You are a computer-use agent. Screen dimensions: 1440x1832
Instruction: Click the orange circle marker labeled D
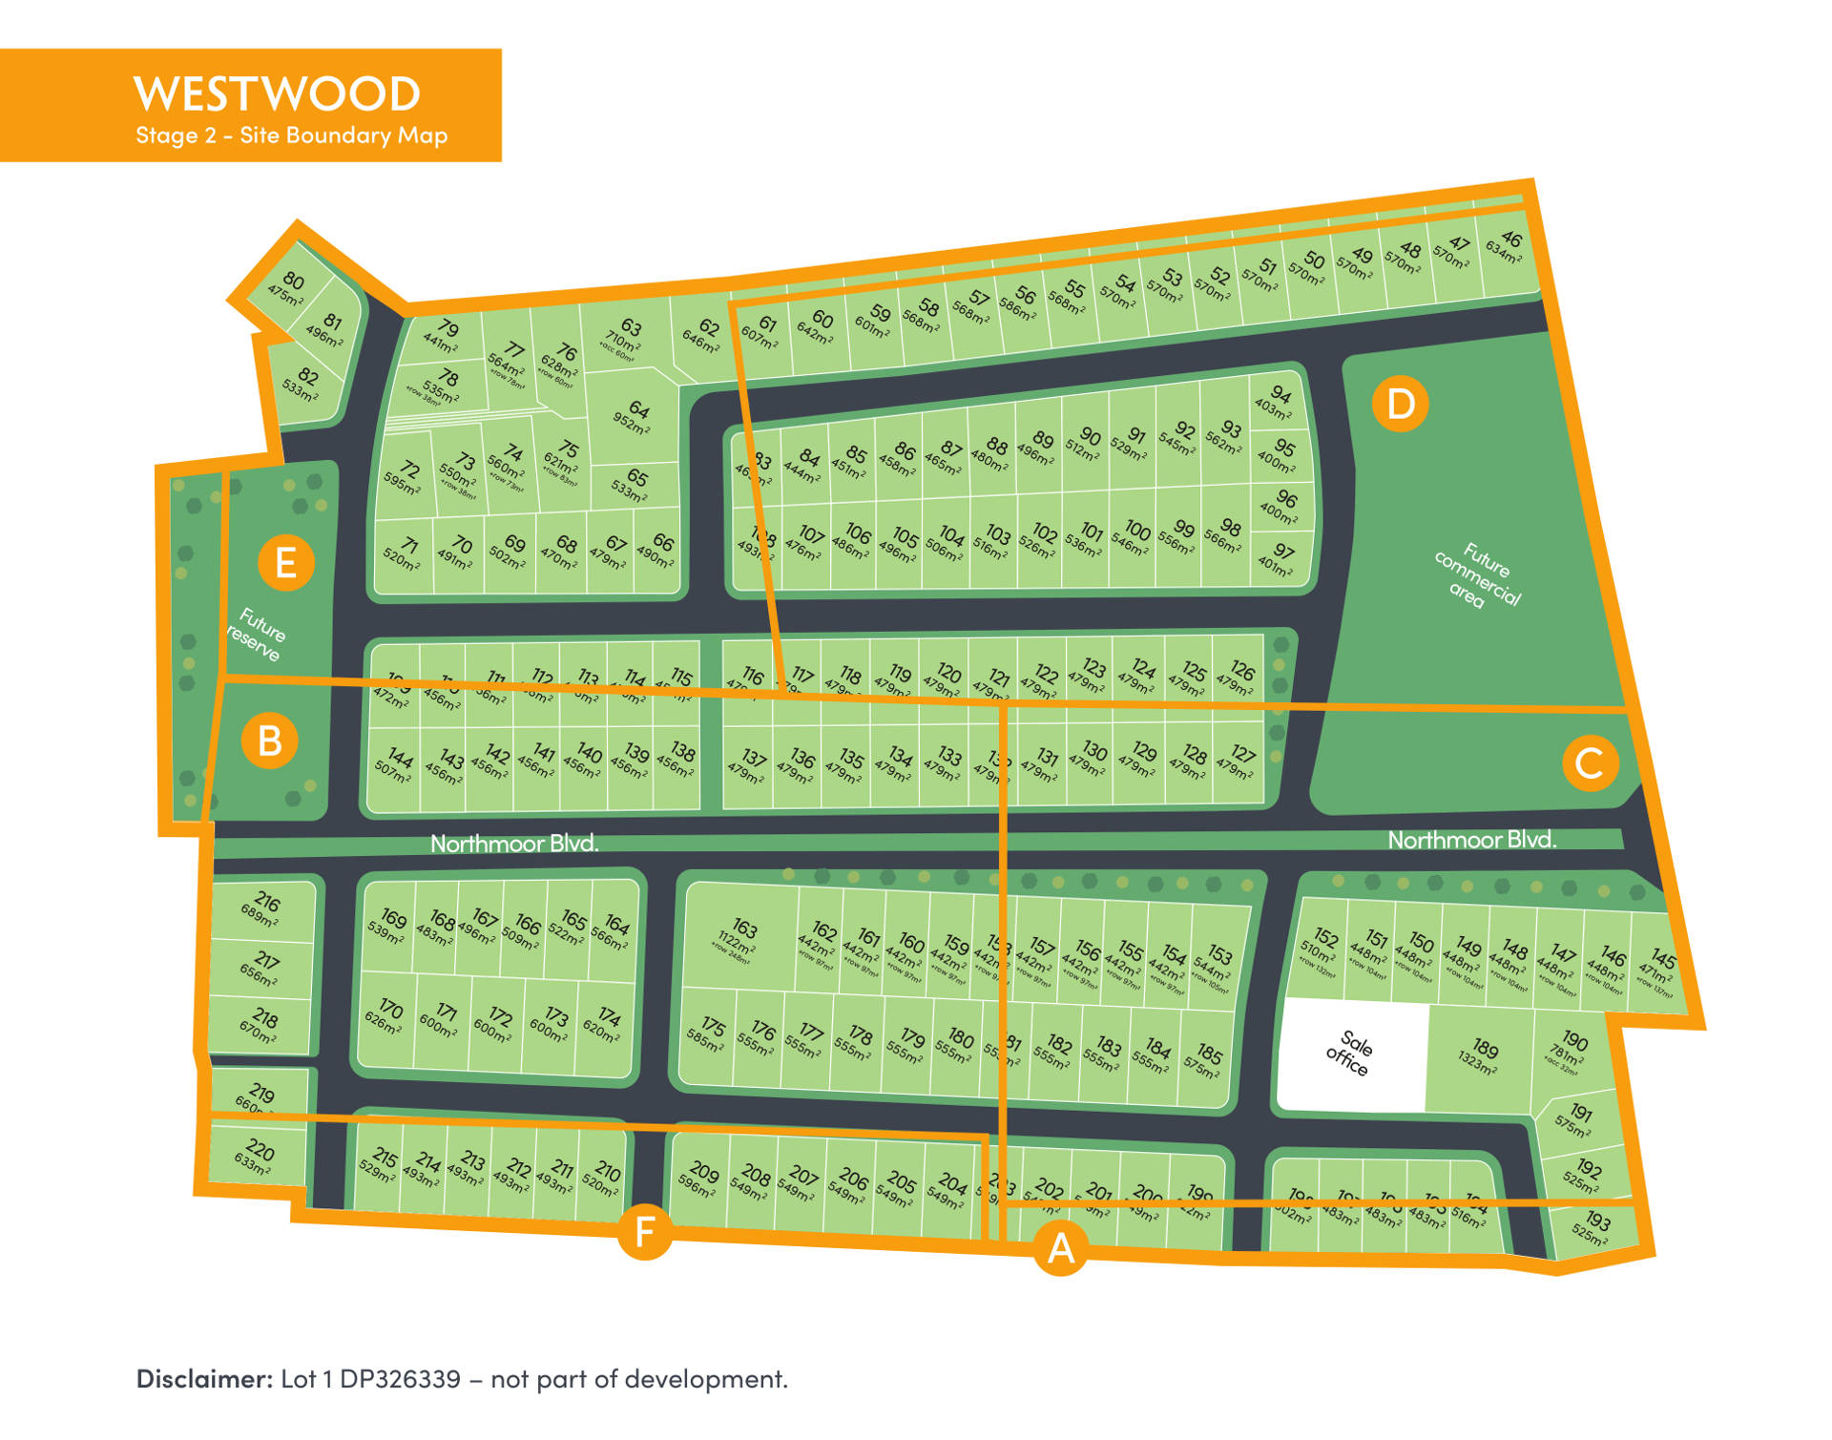(x=1400, y=404)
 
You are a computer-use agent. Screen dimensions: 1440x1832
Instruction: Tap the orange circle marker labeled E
(x=285, y=562)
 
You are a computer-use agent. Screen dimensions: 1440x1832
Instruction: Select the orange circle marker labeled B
(x=270, y=741)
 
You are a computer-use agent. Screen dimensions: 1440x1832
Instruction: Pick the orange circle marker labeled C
(x=1590, y=763)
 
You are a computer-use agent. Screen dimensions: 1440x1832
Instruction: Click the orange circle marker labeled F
(x=645, y=1232)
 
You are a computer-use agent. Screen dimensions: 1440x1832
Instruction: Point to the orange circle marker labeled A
(x=1061, y=1248)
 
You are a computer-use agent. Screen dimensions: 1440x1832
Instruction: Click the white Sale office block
(x=1352, y=1054)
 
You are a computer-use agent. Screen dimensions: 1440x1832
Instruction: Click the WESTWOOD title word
(x=277, y=94)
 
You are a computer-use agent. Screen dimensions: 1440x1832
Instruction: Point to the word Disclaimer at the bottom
(x=205, y=1379)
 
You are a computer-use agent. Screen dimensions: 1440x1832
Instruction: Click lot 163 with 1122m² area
(x=740, y=935)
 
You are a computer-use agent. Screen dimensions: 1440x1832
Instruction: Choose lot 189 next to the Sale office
(x=1481, y=1056)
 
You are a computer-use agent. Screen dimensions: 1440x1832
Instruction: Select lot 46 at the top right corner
(x=1506, y=246)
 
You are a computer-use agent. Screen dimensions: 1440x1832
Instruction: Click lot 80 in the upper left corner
(x=289, y=286)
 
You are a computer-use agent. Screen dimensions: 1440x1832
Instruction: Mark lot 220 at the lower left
(x=256, y=1156)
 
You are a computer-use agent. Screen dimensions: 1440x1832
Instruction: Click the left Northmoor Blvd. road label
(x=514, y=844)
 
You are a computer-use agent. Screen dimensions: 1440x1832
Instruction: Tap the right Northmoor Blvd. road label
(x=1471, y=840)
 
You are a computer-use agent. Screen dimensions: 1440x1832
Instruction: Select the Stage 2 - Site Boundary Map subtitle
(x=291, y=136)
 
